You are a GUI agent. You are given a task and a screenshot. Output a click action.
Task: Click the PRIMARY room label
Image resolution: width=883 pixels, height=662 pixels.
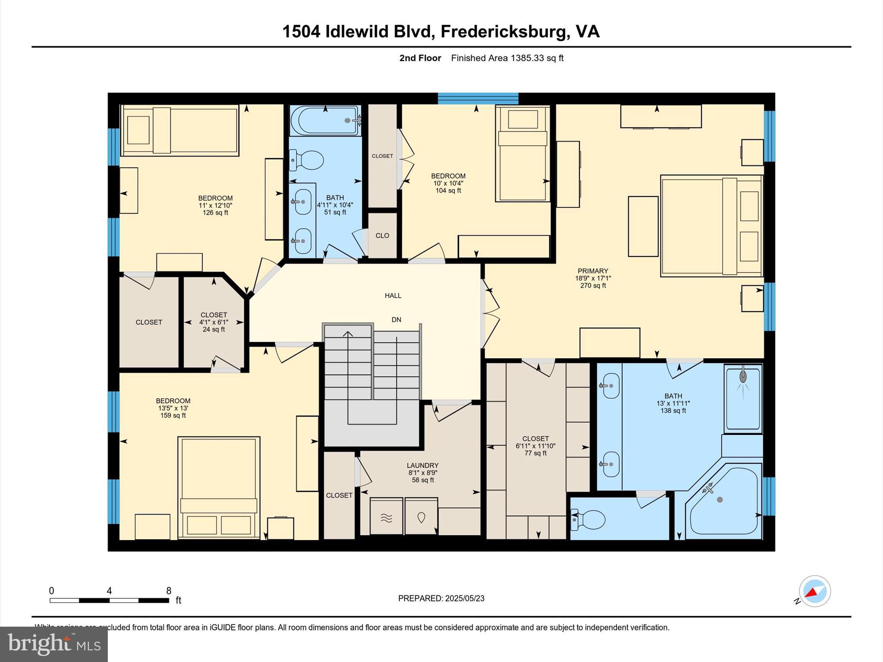coord(593,271)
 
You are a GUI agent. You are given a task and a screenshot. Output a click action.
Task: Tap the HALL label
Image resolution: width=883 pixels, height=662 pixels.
coord(393,296)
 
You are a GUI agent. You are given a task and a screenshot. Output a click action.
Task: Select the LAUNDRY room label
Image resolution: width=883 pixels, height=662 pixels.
coord(423,465)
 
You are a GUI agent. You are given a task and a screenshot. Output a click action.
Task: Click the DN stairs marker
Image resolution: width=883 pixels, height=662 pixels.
coord(396,320)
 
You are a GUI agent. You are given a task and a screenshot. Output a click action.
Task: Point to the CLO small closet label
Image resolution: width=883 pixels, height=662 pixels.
coord(382,236)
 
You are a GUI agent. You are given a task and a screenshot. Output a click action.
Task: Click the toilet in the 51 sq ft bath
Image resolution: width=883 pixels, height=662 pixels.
coord(307,160)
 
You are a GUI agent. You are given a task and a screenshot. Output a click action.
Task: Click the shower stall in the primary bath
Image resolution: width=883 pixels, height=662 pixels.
coord(743,399)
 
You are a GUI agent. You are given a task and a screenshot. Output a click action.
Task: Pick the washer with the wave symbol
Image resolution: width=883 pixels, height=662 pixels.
coord(386,517)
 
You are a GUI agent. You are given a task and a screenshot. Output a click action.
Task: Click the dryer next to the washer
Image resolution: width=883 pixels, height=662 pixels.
coord(421,517)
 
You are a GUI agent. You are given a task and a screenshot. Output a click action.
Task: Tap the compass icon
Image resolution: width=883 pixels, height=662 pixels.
coord(814,591)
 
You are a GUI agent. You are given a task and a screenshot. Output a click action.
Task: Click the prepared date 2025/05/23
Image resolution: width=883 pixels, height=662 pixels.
coord(465,598)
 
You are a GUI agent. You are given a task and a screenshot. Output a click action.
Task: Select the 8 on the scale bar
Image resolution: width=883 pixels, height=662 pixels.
coord(169,591)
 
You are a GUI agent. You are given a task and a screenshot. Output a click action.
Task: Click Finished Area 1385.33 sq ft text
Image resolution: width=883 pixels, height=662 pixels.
coord(507,58)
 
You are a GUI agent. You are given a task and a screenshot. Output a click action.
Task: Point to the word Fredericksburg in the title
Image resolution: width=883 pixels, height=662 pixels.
coord(503,31)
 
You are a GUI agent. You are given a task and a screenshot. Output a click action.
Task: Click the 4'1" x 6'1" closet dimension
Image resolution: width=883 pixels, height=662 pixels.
coord(213,322)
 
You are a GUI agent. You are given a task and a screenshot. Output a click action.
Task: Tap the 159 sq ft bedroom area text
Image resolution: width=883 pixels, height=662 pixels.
coord(173,415)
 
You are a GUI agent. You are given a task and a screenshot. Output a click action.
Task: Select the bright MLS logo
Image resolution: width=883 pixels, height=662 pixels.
coord(54,644)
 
